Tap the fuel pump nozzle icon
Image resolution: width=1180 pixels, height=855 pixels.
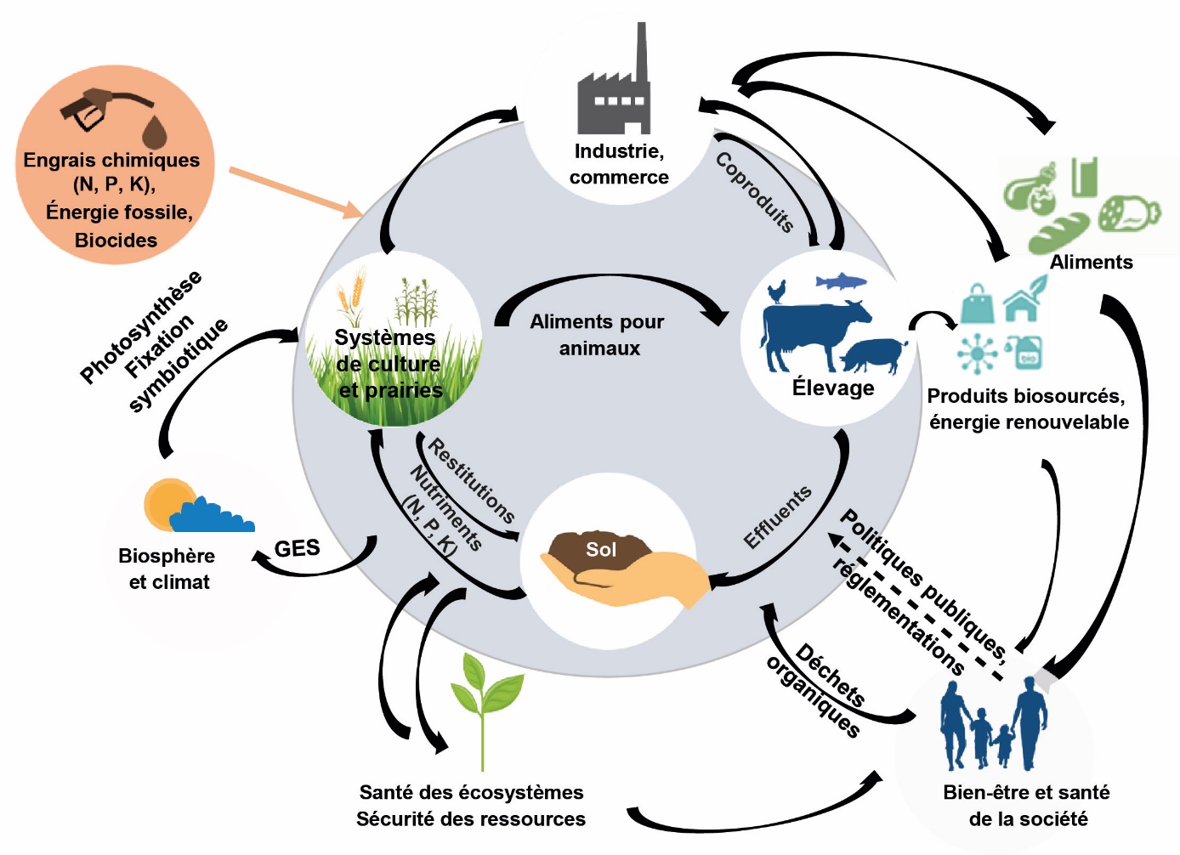tap(94, 106)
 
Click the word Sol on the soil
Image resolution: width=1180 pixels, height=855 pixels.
tap(601, 550)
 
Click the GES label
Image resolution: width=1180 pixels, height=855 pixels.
tap(297, 549)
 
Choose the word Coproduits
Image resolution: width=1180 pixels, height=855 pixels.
tap(755, 192)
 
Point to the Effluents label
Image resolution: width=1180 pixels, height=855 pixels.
tap(778, 517)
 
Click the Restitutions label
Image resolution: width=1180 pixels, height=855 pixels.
tap(472, 481)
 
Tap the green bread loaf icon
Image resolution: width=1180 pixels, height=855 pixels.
tap(1058, 233)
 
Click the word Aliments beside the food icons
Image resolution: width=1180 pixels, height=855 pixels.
tap(1091, 263)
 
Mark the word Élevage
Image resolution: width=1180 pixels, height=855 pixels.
tap(833, 388)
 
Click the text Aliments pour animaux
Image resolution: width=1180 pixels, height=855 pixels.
tap(598, 335)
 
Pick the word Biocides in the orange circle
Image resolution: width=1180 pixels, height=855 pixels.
tap(116, 241)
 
